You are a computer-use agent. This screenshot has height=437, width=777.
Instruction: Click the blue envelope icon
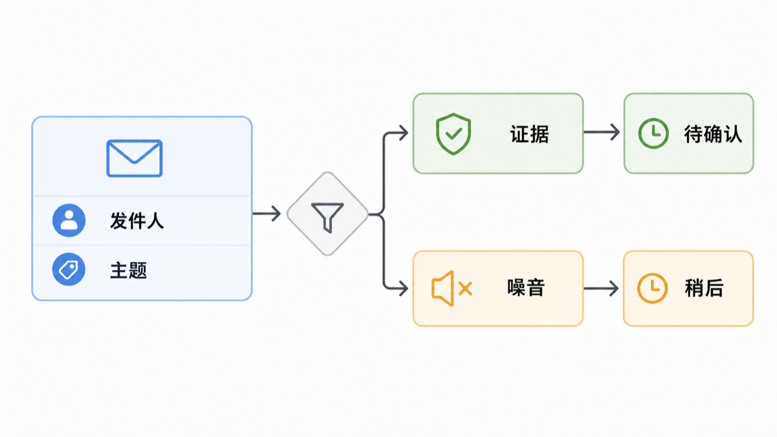point(134,158)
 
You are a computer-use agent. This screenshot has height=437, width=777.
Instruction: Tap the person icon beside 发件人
point(69,220)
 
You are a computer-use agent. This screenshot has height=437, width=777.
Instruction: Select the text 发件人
point(137,221)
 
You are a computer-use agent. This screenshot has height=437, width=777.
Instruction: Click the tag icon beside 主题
point(69,269)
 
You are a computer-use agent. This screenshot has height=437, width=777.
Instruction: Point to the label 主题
point(128,270)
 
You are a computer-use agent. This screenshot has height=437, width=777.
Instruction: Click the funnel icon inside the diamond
point(328,217)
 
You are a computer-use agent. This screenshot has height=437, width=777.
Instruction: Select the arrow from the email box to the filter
point(266,213)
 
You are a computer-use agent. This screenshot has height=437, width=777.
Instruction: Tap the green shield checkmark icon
point(453,133)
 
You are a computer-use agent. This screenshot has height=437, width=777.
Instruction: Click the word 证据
point(530,134)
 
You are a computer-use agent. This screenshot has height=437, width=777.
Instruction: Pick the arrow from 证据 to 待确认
point(602,132)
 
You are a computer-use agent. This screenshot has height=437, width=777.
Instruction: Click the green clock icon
point(653,133)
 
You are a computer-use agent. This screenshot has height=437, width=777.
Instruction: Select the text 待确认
point(713,134)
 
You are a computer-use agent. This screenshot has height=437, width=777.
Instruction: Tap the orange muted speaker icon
point(452,289)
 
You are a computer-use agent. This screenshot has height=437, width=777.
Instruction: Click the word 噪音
point(526,288)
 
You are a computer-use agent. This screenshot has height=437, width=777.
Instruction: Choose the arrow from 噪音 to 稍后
point(601,289)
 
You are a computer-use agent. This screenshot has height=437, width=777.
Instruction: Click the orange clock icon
point(653,289)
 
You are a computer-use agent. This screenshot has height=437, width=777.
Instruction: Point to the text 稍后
point(704,288)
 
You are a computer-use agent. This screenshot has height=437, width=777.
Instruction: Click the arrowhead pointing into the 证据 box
point(404,133)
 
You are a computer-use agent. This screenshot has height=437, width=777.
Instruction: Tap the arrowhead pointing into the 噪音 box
point(404,289)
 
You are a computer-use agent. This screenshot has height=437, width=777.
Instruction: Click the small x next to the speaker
point(465,289)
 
